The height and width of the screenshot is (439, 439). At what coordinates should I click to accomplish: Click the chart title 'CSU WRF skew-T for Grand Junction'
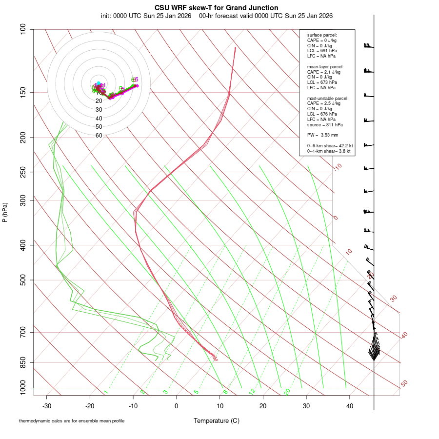point(217,8)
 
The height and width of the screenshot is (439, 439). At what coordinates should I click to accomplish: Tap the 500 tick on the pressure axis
point(23,280)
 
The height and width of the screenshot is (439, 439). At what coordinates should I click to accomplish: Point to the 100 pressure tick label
point(23,29)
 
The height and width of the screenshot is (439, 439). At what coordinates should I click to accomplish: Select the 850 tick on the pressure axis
point(23,362)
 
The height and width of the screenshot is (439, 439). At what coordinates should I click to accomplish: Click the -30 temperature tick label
point(47,405)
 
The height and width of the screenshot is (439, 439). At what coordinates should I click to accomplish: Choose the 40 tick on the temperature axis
point(350,405)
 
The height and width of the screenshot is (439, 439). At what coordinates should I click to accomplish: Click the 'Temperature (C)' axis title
point(216,420)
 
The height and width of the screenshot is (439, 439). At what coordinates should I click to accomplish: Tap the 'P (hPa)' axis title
point(5,213)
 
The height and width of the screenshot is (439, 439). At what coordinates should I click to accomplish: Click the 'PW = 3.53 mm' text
point(322,135)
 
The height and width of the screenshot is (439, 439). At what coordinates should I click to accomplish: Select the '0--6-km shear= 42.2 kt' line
point(330,145)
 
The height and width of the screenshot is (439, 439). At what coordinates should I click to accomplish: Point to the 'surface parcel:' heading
point(322,35)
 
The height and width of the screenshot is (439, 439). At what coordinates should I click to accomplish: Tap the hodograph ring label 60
point(99,136)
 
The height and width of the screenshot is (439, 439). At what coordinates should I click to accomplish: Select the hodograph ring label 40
point(99,119)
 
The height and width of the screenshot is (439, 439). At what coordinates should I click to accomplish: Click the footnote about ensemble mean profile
point(72,420)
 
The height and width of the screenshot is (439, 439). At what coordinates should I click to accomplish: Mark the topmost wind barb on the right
point(368,46)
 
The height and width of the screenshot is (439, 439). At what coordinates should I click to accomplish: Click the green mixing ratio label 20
point(287,392)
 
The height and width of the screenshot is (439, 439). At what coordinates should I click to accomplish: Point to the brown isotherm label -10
point(337,167)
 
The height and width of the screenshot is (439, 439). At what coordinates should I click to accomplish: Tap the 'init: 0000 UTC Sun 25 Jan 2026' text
point(146,16)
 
